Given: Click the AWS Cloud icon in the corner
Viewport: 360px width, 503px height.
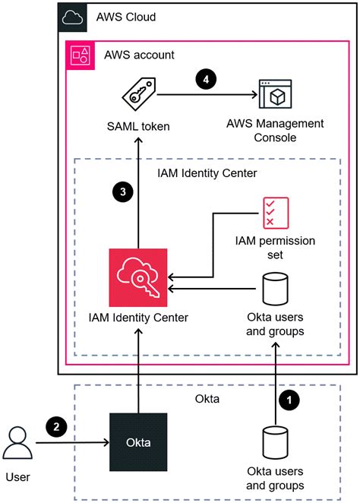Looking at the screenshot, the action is (72, 17).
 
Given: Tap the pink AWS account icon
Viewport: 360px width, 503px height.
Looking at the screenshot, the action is (81, 55).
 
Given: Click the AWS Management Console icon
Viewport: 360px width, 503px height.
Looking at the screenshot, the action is (276, 94).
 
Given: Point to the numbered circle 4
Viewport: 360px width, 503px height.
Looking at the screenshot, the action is (206, 79).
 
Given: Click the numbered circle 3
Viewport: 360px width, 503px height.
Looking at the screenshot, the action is (123, 191).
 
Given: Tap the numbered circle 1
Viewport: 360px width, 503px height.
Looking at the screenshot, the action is (289, 400).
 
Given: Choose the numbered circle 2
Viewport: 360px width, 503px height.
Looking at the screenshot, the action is (56, 427).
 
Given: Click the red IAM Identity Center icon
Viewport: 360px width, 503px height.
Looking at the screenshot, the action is (138, 277).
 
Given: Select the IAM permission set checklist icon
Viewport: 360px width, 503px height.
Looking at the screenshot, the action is (276, 213).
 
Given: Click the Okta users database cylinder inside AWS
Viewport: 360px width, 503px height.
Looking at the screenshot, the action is (275, 289).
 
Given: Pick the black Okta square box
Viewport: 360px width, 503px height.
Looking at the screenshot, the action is (138, 442).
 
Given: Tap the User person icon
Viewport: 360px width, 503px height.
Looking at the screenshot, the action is (17, 443).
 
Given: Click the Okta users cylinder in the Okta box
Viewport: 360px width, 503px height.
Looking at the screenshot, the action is (275, 443).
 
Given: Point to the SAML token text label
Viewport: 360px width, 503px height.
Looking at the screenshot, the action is (138, 126).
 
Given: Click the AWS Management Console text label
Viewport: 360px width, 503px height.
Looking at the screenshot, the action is (275, 131).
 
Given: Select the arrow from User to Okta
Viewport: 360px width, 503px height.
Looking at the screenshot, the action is (72, 443).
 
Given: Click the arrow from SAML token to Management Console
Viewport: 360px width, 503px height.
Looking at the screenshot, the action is (207, 95).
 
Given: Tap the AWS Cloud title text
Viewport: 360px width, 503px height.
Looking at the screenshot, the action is (126, 17).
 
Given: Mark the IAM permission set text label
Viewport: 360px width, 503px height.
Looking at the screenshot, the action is (275, 248).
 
